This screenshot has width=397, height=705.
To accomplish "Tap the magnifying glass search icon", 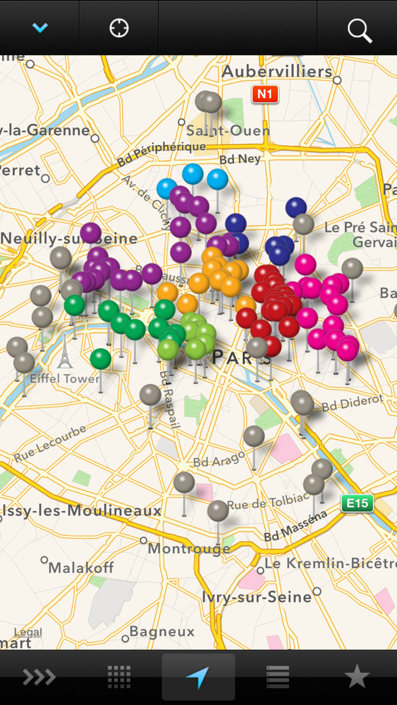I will click(360, 30).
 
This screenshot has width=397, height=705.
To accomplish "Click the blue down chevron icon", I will click(40, 28).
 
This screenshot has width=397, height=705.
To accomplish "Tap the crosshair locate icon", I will click(119, 28).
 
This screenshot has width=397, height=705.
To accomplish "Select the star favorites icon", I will click(357, 677).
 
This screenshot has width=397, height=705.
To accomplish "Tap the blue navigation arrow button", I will click(198, 677).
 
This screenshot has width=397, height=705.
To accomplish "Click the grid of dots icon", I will click(119, 677).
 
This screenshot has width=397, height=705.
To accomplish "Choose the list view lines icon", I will click(278, 677).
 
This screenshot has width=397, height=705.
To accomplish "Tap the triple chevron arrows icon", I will click(39, 677).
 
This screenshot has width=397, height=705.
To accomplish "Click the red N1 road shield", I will click(265, 94).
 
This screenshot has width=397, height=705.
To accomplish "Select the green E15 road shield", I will click(357, 503).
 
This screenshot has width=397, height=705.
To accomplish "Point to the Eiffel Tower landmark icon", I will click(65, 352).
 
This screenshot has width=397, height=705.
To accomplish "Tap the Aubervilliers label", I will click(277, 71).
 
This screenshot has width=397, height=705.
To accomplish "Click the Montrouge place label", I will click(189, 549).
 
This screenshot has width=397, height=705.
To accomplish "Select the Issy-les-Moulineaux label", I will click(82, 511).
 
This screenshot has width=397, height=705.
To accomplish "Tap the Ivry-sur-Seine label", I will click(257, 597).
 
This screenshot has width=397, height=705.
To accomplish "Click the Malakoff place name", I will click(81, 567).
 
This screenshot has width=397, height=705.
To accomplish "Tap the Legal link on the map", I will click(28, 632).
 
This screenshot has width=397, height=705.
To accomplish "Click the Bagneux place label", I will click(162, 631).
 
